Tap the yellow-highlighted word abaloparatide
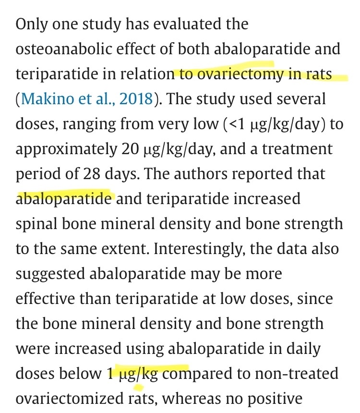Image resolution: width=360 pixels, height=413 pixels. (64, 198)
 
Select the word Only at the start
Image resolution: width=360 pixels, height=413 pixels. (31, 24)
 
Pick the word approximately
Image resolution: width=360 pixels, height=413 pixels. (64, 149)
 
